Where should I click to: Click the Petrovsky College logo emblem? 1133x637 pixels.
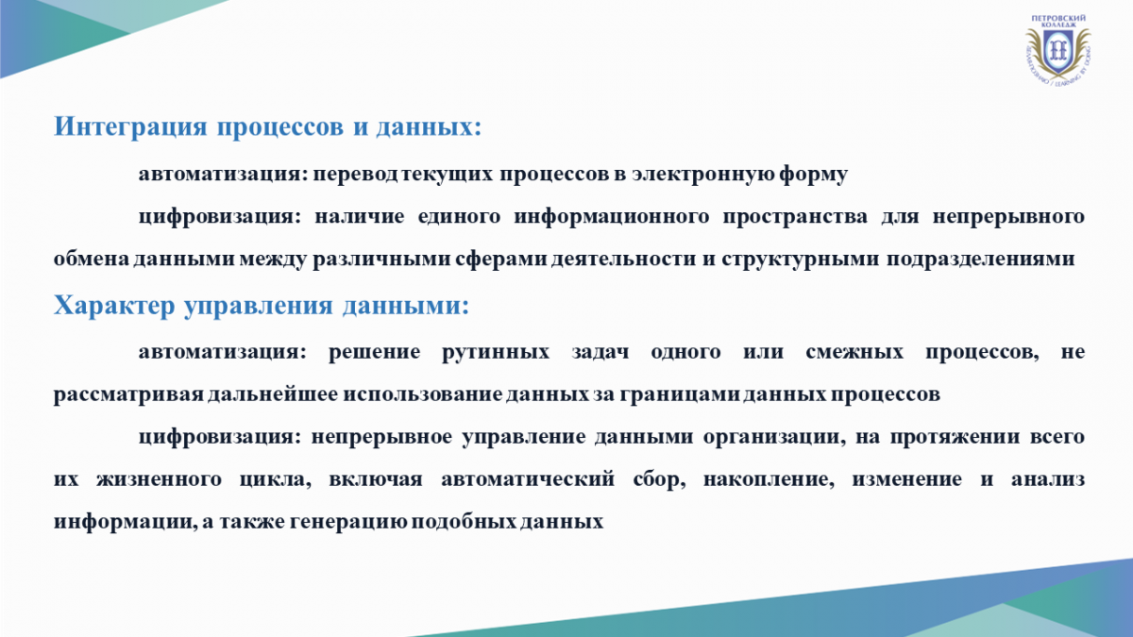[1057, 49]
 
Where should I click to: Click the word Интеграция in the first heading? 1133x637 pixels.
[130, 126]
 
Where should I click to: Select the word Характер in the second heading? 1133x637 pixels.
[114, 306]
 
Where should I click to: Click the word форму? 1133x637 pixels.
[813, 175]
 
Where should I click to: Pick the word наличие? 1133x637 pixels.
[360, 216]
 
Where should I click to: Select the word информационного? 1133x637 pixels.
[612, 217]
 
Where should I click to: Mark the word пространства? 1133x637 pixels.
[795, 217]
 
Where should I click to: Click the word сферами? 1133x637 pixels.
[501, 260]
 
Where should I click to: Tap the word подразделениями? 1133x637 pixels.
[980, 260]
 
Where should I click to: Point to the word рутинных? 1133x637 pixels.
[496, 352]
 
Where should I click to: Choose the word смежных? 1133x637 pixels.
[854, 352]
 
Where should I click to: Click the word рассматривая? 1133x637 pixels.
[128, 394]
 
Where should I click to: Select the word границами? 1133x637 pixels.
[680, 394]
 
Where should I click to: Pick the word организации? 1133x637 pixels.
[774, 437]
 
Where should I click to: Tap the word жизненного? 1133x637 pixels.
[159, 479]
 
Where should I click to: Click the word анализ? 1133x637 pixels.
[1048, 479]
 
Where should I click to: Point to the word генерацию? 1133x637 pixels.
[347, 522]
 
